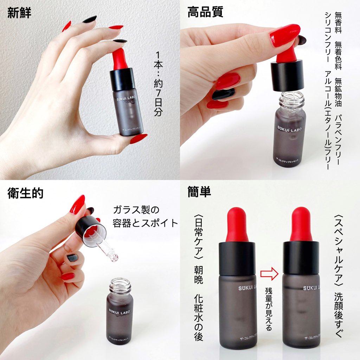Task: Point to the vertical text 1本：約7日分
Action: (159, 84)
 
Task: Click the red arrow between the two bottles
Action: (269, 273)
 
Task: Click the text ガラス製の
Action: (136, 210)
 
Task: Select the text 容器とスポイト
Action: (145, 223)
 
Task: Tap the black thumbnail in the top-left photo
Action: (90, 19)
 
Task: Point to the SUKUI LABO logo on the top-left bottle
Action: (125, 99)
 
